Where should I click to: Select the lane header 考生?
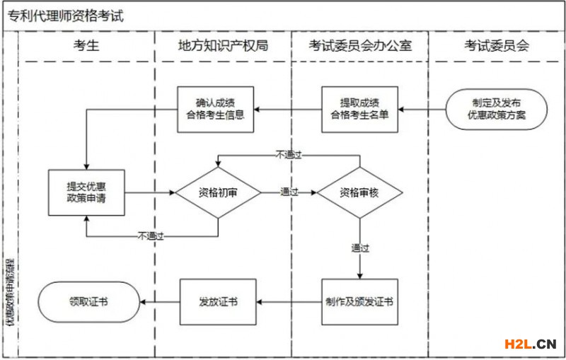86,47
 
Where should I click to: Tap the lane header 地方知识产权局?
222,47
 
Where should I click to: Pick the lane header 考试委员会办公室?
360,47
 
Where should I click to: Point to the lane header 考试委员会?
497,47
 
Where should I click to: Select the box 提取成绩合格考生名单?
359,110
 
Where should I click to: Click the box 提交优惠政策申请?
86,192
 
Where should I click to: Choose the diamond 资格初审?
218,192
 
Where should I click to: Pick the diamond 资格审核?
359,192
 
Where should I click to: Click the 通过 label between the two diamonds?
289,192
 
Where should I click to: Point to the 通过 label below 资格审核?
360,248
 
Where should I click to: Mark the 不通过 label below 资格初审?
151,236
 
